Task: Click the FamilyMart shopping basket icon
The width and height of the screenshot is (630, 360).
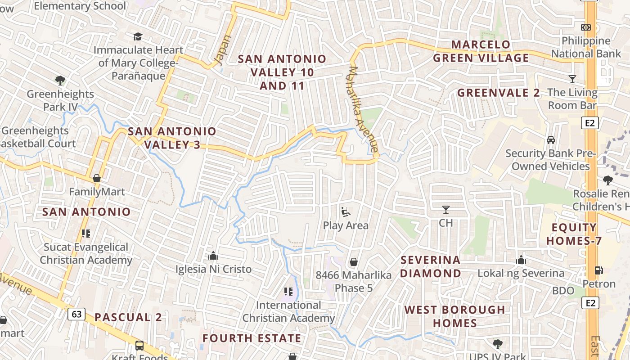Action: point(96,179)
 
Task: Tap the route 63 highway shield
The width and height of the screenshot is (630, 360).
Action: point(76,314)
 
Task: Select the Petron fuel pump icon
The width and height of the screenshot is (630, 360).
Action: point(598,270)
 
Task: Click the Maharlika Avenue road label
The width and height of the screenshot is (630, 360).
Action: point(363,110)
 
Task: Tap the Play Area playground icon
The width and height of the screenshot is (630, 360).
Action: point(345,211)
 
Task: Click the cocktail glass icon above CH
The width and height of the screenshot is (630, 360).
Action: point(445,210)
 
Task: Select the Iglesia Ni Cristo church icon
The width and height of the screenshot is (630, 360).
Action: point(213,256)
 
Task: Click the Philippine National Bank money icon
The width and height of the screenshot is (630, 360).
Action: point(585,27)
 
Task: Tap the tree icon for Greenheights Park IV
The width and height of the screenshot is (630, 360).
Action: point(60,81)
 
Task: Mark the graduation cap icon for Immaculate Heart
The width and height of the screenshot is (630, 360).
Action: point(138,36)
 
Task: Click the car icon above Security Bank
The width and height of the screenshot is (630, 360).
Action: point(550,140)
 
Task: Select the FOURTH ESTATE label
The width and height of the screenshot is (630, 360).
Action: point(252,338)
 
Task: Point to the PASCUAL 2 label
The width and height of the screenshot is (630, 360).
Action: point(128,317)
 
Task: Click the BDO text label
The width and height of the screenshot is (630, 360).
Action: point(563,291)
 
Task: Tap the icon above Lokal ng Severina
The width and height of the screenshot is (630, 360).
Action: point(521,260)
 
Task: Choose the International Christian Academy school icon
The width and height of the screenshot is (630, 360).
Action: point(288,292)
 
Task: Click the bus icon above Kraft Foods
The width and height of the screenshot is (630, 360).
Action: point(139,346)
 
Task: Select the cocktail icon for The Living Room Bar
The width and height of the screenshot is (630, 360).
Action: point(572,79)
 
